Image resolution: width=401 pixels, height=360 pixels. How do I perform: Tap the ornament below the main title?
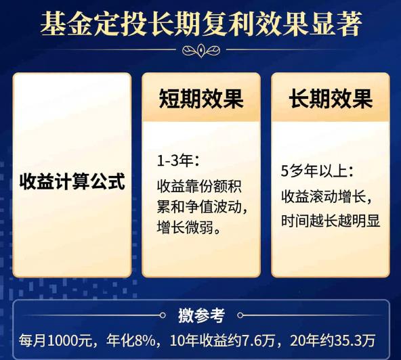[x=200, y=50]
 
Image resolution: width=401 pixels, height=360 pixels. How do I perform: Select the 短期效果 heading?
[x=200, y=99]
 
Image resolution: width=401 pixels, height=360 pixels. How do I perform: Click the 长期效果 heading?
[x=331, y=99]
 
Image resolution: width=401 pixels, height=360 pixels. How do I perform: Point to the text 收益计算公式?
[x=72, y=181]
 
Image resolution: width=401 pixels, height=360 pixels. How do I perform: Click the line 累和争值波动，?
[x=201, y=206]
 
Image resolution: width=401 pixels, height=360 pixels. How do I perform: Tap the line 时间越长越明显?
[x=331, y=221]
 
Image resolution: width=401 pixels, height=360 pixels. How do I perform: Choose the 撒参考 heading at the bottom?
[x=200, y=315]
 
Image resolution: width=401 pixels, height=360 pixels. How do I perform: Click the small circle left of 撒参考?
[x=162, y=315]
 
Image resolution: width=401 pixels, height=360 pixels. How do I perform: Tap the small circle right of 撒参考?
[x=239, y=315]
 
